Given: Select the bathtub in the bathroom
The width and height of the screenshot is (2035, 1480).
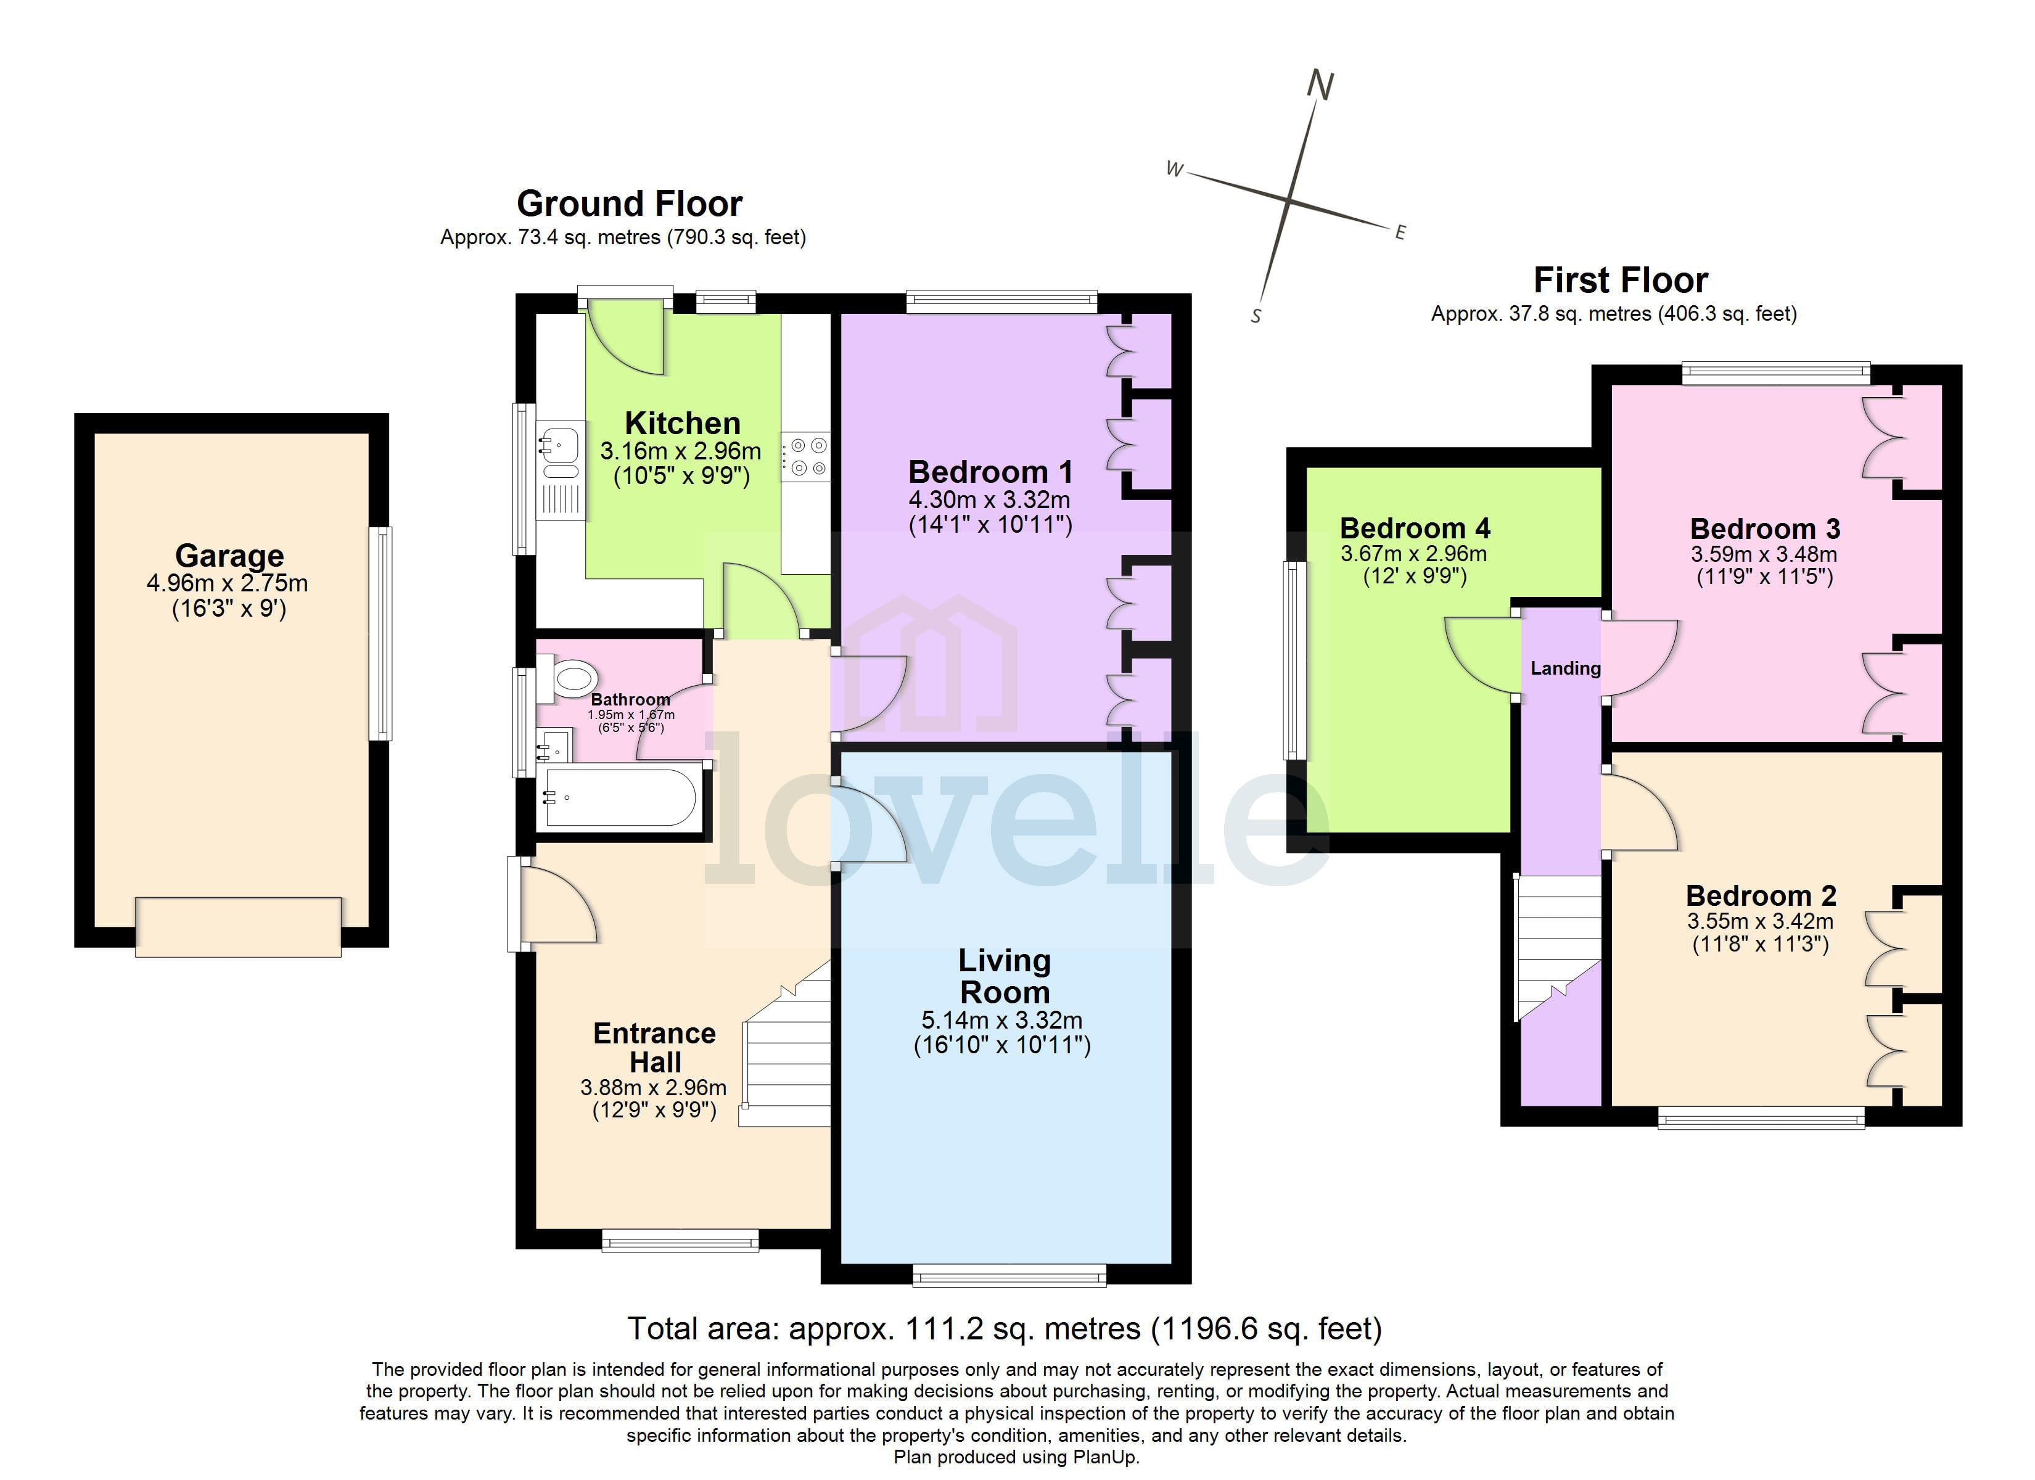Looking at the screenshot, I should coord(619,797).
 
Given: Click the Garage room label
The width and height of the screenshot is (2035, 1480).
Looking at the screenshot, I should coord(229,556).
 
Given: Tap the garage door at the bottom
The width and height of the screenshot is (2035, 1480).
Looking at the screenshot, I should coord(238,927).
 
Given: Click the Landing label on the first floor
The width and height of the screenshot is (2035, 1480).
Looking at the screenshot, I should coord(1565,668).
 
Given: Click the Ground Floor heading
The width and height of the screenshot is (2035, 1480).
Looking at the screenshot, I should coord(629,203).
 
